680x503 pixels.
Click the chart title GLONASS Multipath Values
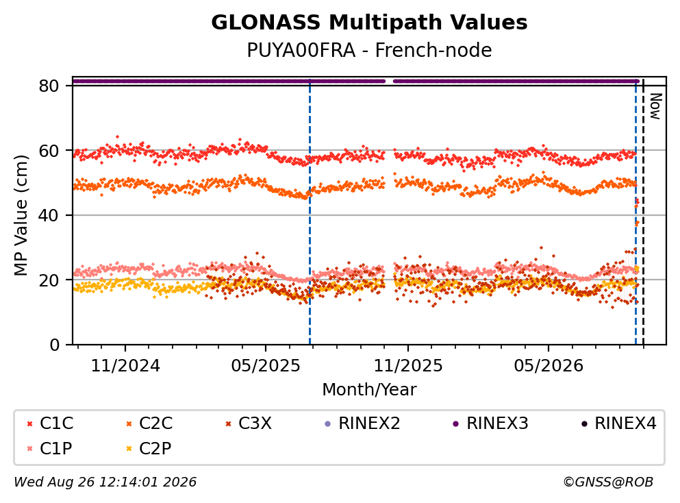(369, 23)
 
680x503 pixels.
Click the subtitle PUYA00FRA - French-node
(369, 50)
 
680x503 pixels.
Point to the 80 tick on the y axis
(49, 86)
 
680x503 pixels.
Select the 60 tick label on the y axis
(49, 151)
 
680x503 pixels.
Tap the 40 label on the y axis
(49, 215)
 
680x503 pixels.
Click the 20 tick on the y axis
(49, 280)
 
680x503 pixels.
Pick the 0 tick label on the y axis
(55, 345)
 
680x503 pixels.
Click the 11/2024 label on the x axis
(125, 366)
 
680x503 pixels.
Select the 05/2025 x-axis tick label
(266, 366)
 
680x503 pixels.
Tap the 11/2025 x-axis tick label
(408, 366)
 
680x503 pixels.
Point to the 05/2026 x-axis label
(549, 366)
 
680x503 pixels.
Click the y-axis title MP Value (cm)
(21, 215)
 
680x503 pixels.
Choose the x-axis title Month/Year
(369, 390)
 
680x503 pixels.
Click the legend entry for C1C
(50, 423)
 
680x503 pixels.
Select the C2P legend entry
(149, 448)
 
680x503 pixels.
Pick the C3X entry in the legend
(249, 423)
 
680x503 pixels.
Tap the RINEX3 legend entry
(490, 423)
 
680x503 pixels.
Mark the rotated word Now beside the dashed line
(655, 106)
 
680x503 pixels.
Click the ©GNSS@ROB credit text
(608, 482)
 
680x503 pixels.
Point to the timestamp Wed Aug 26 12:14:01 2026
(105, 482)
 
